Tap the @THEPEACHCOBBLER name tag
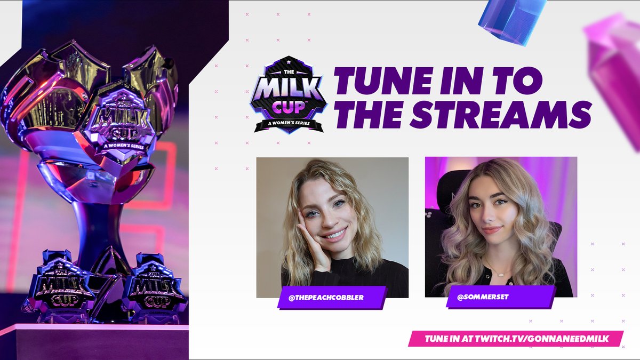331,298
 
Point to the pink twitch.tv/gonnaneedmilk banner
516,339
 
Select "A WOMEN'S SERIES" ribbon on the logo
289,124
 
